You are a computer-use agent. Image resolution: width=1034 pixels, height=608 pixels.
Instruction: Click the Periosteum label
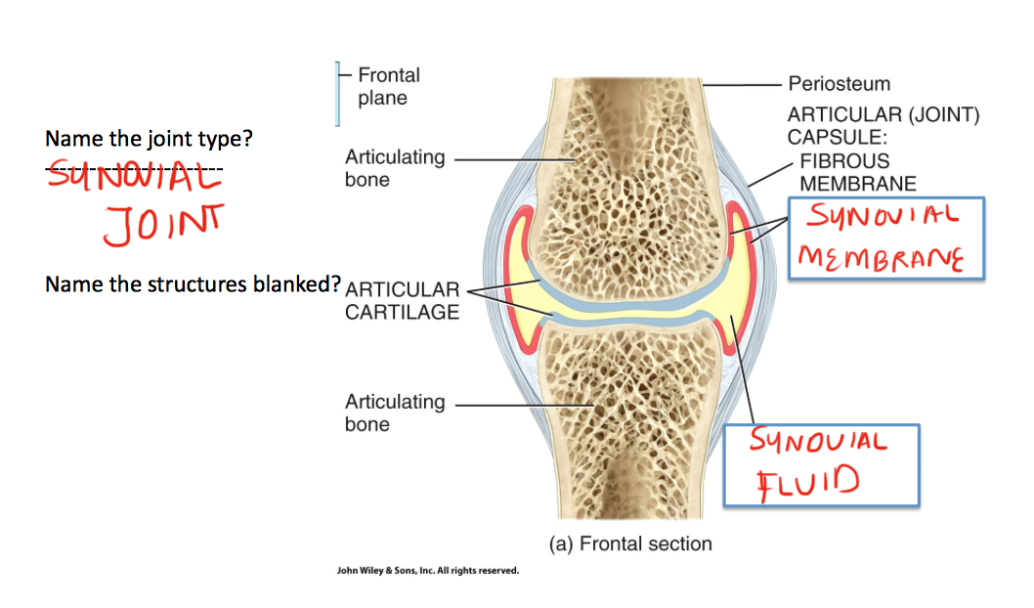click(x=839, y=84)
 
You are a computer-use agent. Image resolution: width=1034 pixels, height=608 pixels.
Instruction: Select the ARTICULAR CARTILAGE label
click(x=402, y=301)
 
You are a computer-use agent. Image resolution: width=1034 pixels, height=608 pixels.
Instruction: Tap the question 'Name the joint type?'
click(x=149, y=139)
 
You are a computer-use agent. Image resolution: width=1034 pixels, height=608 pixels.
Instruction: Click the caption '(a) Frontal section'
click(x=630, y=543)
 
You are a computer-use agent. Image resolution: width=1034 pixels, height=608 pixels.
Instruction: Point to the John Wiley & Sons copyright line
click(x=427, y=570)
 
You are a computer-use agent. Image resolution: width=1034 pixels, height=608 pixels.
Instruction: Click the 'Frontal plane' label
click(x=388, y=86)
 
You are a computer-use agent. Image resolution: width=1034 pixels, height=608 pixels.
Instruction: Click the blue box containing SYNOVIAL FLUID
click(x=821, y=464)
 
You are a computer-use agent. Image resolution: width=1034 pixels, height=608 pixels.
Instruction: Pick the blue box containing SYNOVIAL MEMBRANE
click(x=885, y=239)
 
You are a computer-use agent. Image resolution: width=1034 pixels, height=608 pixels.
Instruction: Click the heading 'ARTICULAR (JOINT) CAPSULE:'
click(x=883, y=126)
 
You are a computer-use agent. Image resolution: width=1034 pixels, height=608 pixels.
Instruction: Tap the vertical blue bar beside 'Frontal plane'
click(x=337, y=95)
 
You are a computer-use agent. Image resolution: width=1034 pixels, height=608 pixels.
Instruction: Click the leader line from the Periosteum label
click(x=743, y=85)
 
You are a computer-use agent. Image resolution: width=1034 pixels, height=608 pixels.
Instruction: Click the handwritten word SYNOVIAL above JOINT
click(x=134, y=180)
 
